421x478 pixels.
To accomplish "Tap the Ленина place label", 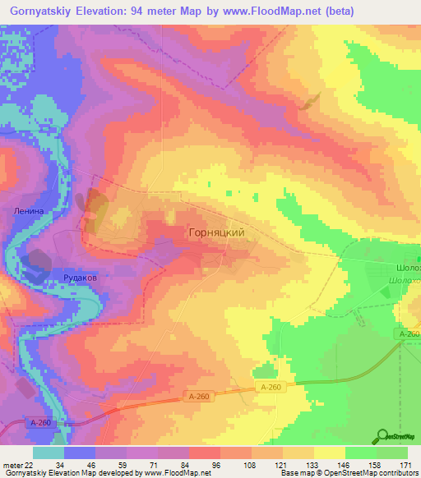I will (27, 210).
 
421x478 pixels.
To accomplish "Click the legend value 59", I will (127, 465).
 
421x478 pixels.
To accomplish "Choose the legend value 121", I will (283, 465).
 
